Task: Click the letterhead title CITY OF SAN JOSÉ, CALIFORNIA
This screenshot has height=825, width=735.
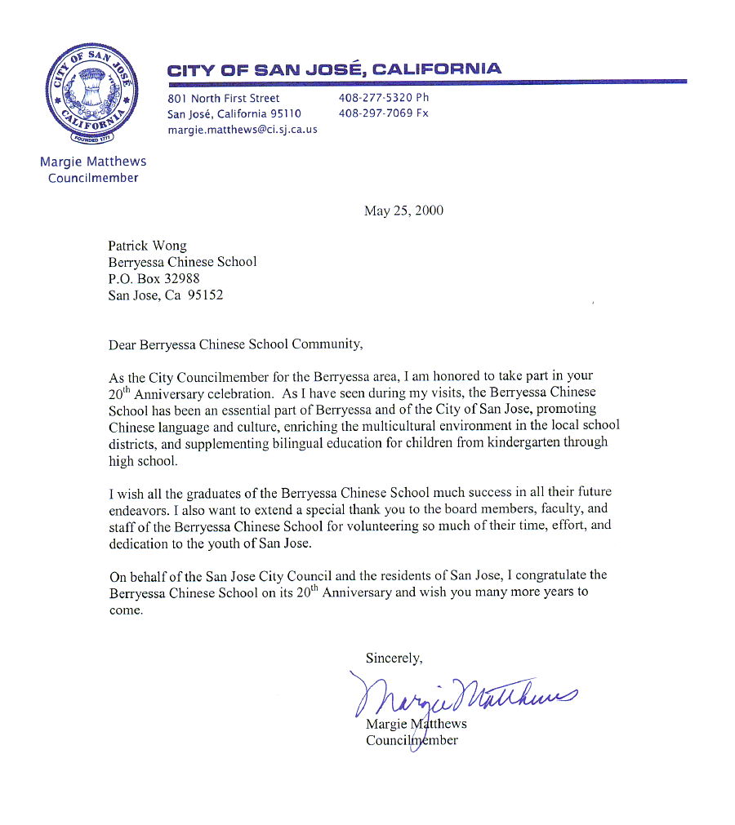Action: pos(335,69)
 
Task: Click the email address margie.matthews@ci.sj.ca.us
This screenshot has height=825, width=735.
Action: pos(243,129)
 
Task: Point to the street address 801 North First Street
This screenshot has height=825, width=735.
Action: pos(223,98)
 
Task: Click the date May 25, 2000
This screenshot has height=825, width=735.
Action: pos(403,211)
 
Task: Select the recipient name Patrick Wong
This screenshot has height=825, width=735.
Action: pos(147,246)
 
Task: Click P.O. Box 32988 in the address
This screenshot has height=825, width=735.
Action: pos(154,278)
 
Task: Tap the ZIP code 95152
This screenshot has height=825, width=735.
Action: pos(206,295)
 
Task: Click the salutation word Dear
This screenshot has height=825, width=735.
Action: pos(122,344)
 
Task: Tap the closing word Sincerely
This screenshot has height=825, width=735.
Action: pos(394,658)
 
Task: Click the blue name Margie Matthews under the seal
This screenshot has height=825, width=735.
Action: pos(93,162)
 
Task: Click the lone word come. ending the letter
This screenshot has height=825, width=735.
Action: pos(126,610)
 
